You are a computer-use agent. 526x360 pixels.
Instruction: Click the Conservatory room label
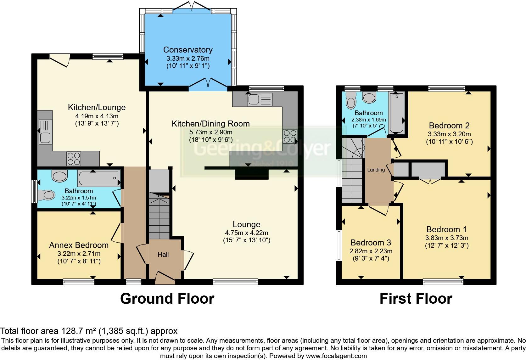coord(188,50)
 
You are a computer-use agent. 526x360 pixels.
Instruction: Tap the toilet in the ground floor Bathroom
coord(46,195)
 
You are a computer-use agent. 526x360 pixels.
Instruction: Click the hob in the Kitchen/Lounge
coord(74,158)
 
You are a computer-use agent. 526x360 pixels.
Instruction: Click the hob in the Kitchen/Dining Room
coord(290,136)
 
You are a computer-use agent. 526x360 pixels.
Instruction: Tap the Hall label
coord(163,255)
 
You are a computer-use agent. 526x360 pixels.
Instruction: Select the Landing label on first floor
coord(376,170)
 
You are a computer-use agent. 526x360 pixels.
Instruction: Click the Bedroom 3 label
coord(371,243)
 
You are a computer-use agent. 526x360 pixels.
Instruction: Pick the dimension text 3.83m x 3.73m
coord(447,238)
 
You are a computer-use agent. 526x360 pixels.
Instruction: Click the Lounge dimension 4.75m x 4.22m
coord(246,233)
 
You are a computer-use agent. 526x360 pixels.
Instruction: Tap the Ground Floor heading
coord(167,298)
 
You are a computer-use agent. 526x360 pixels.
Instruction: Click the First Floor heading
coord(416,298)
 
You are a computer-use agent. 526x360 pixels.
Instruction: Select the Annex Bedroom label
coord(79,245)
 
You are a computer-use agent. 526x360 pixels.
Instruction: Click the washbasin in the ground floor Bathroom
coord(59,176)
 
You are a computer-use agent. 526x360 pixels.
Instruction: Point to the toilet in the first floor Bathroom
coord(350,100)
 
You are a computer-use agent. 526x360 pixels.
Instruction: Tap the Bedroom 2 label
coord(449,126)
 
